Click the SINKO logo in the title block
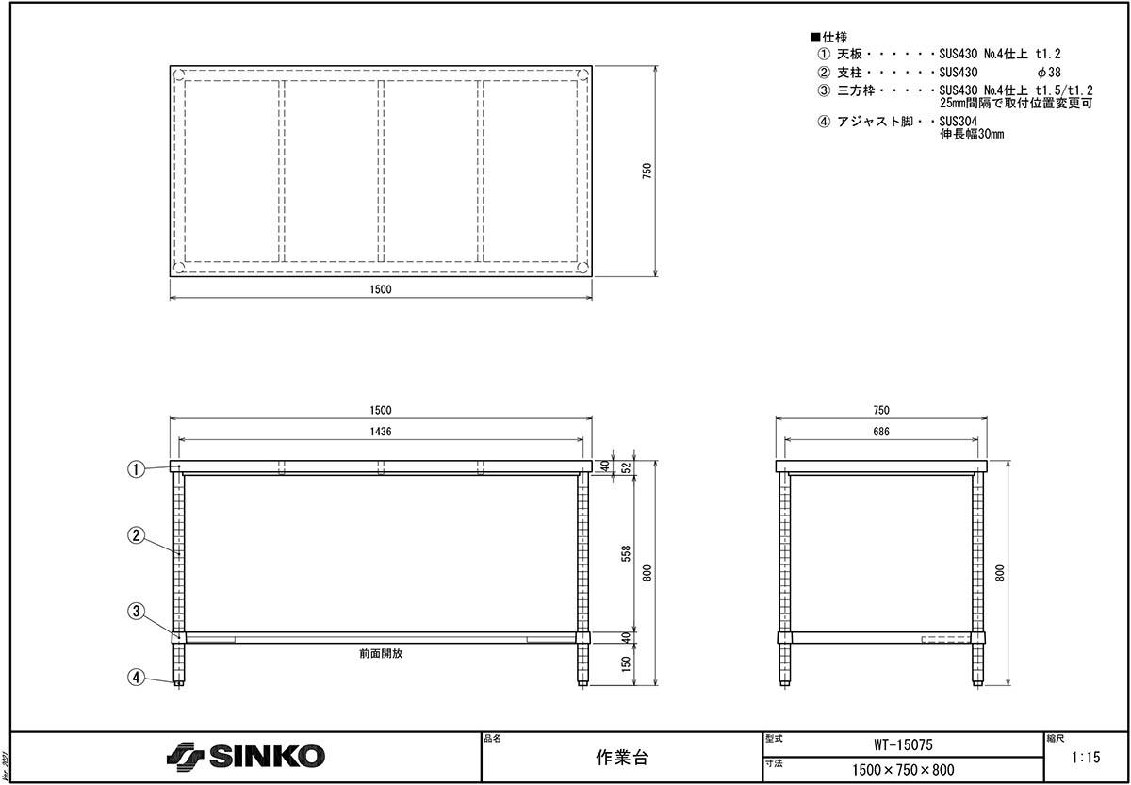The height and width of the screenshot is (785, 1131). (245, 756)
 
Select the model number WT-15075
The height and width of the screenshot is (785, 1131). (903, 744)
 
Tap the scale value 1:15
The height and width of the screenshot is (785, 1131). (1086, 758)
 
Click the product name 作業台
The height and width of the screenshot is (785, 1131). (621, 758)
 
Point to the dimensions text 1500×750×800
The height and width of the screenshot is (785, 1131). (903, 770)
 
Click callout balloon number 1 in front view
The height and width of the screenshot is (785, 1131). (136, 469)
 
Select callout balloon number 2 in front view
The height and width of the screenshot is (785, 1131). (136, 535)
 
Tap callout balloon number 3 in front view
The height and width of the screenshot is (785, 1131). (136, 611)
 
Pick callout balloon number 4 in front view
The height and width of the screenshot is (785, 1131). (136, 677)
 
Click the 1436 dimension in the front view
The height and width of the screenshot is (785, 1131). (381, 432)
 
